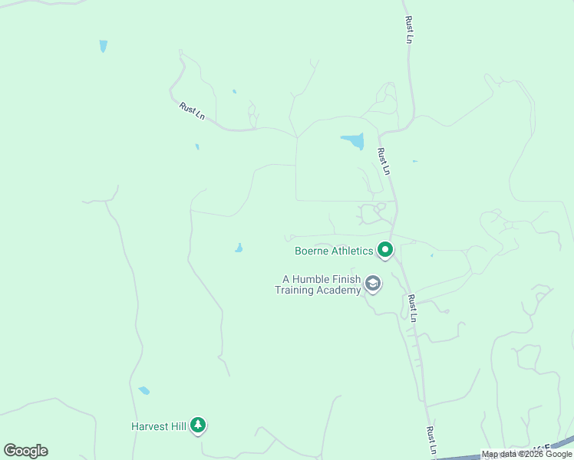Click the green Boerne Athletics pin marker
pyautogui.click(x=384, y=249)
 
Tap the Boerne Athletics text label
pyautogui.click(x=334, y=251)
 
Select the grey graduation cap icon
pyautogui.click(x=373, y=284)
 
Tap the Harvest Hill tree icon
pyautogui.click(x=198, y=424)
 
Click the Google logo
pyautogui.click(x=25, y=451)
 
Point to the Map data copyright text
pyautogui.click(x=526, y=454)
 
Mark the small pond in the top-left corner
pyautogui.click(x=103, y=46)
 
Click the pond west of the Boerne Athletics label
pyautogui.click(x=239, y=248)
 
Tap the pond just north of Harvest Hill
pyautogui.click(x=143, y=390)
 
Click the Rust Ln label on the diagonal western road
pyautogui.click(x=192, y=110)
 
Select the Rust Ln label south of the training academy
pyautogui.click(x=413, y=307)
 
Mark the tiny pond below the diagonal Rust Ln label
pyautogui.click(x=197, y=146)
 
